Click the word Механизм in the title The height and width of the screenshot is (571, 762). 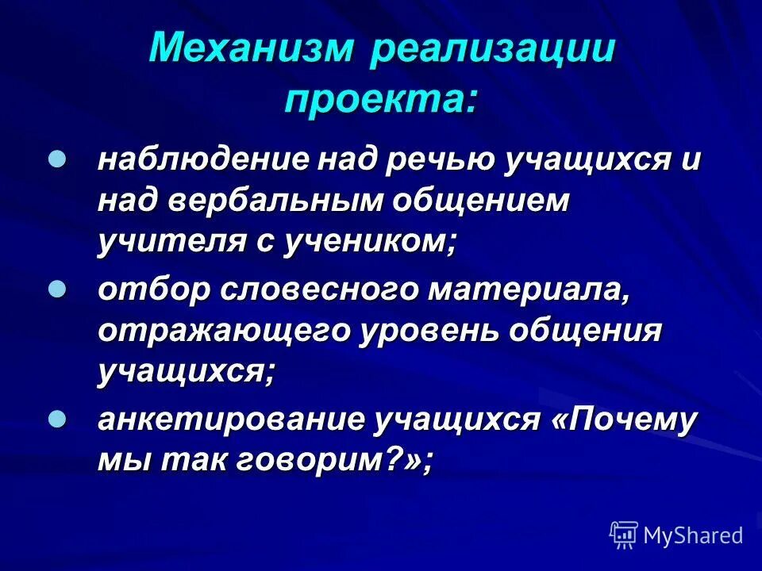251,49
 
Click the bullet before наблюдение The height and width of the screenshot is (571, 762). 57,159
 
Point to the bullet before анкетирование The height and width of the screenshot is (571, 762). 57,419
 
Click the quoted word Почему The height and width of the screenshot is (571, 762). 623,420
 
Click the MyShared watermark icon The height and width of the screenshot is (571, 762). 625,535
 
